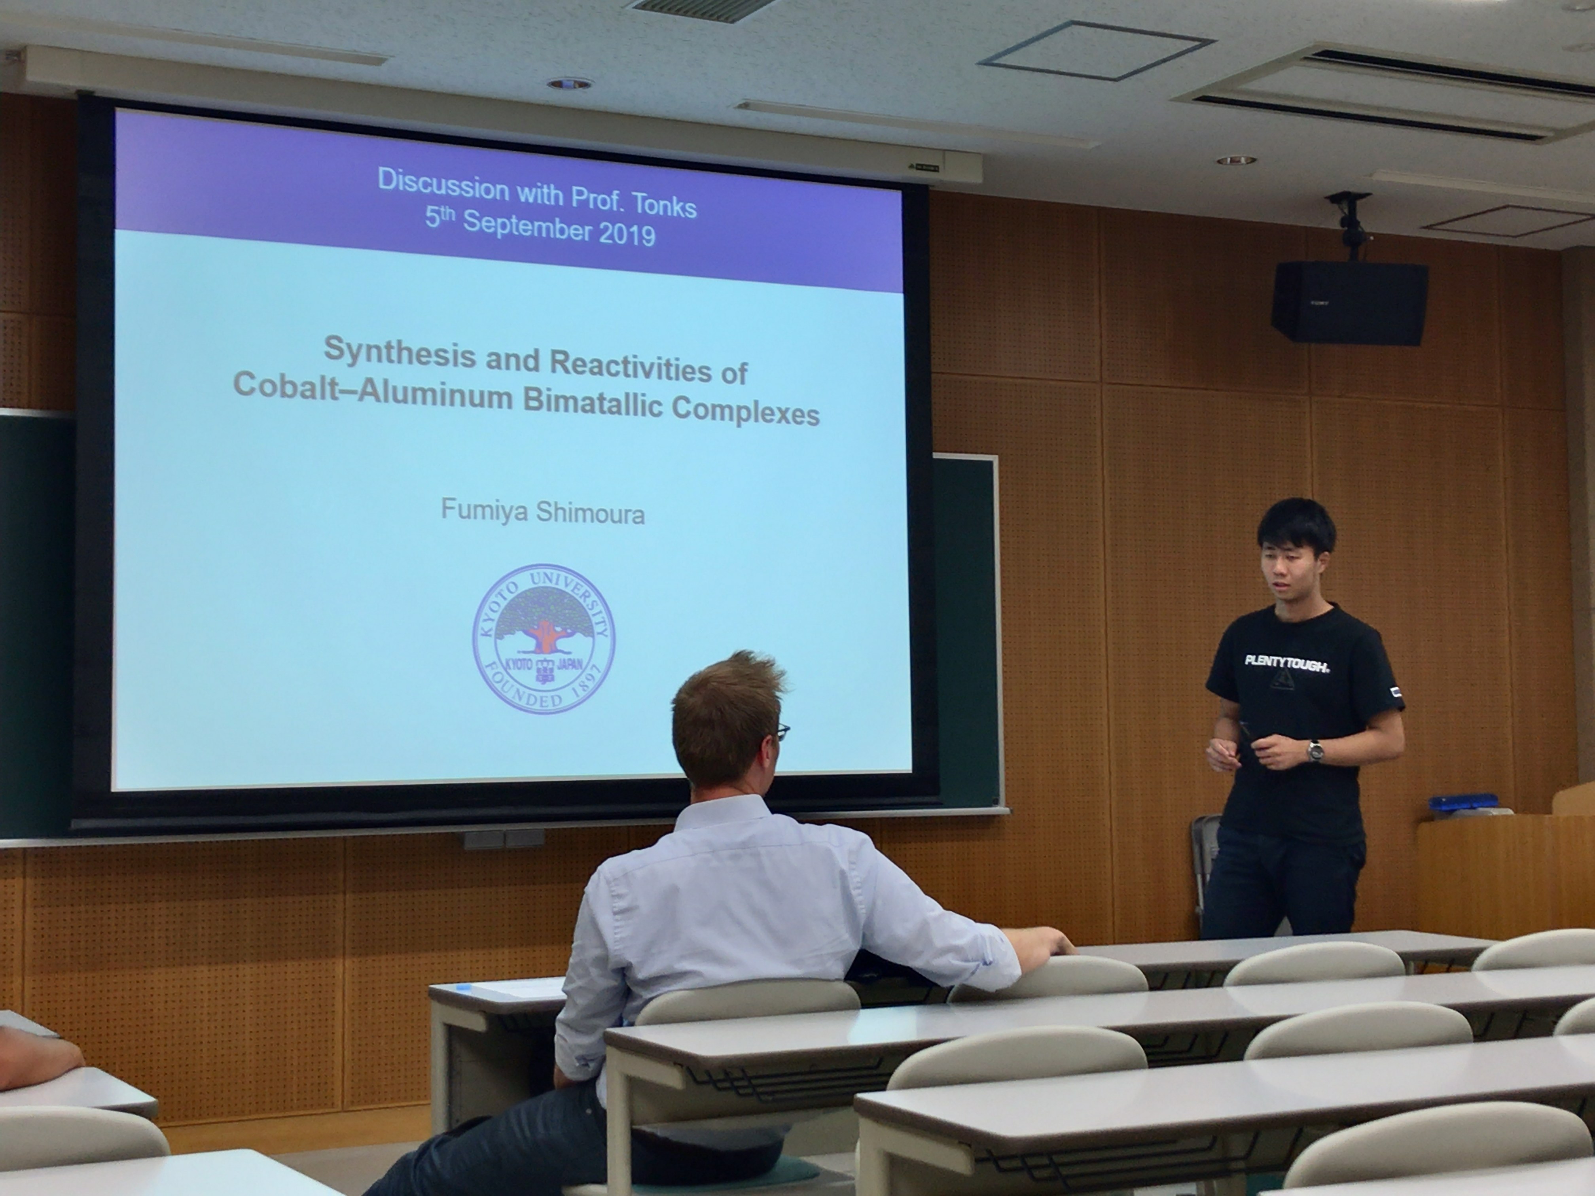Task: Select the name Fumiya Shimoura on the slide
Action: tap(542, 513)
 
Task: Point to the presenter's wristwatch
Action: tap(1315, 752)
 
